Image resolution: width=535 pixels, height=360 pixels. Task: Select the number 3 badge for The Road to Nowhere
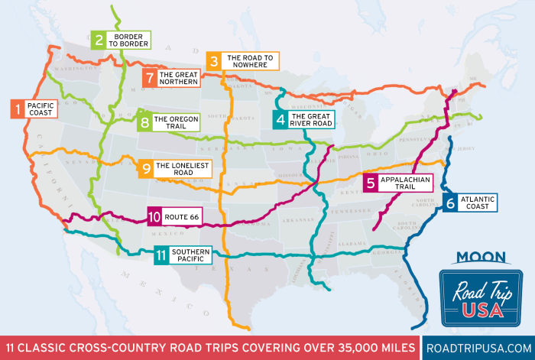214,61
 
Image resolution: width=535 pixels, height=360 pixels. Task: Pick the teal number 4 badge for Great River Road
281,119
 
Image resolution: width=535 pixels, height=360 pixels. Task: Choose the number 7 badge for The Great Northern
150,77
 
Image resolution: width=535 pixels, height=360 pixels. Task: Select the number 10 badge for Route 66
154,216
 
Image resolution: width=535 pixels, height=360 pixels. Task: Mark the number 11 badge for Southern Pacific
160,255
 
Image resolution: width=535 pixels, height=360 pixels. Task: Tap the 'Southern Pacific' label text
189,255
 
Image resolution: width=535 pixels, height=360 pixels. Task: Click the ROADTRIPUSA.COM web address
477,345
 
